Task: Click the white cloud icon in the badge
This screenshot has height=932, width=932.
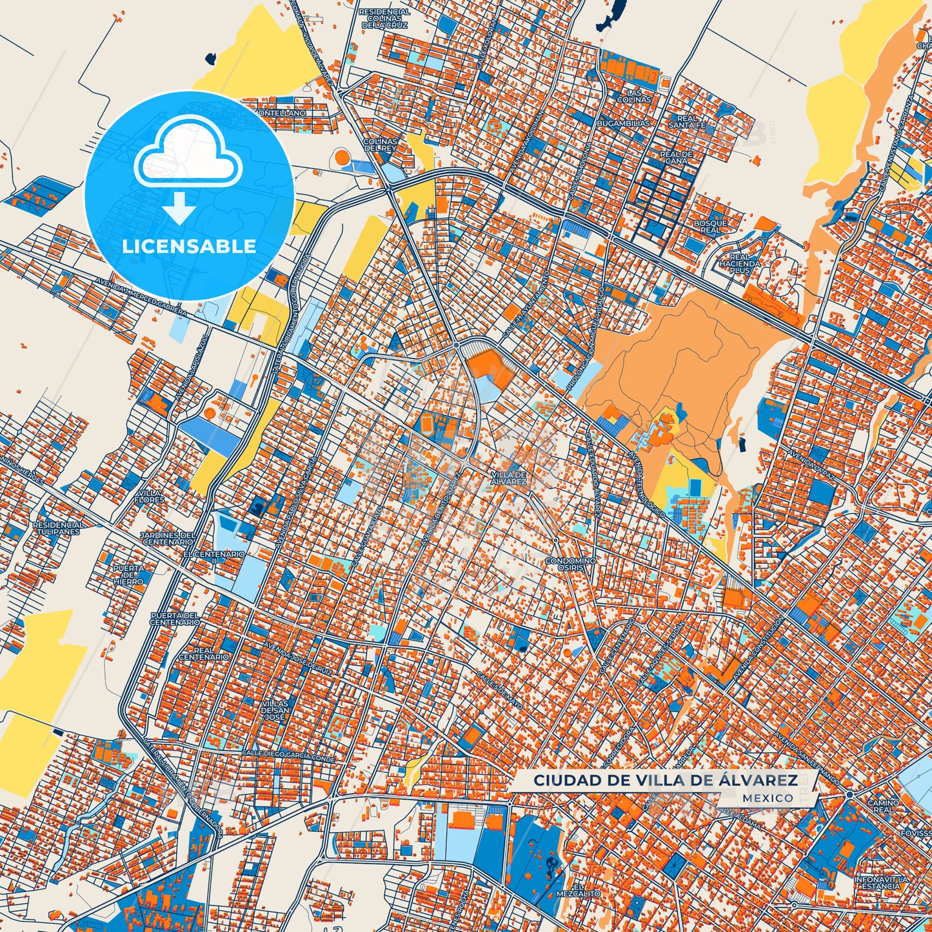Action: (x=188, y=155)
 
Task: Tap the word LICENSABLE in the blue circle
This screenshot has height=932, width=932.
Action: (x=189, y=246)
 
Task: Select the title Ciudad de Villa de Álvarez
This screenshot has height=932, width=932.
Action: (x=665, y=780)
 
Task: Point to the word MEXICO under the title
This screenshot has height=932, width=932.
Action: (x=768, y=798)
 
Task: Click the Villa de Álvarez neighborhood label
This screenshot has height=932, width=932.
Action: (x=508, y=478)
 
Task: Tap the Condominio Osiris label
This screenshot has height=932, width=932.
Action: (x=570, y=564)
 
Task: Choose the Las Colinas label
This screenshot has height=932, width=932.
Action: (x=634, y=96)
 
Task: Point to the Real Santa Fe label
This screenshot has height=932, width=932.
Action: (x=687, y=122)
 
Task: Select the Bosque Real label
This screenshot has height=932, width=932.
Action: (x=710, y=226)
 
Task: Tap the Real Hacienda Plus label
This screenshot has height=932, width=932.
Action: (x=740, y=264)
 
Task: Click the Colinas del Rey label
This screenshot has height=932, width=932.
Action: (x=380, y=144)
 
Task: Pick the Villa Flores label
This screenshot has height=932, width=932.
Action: (x=149, y=496)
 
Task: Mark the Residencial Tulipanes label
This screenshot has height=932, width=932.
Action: (x=58, y=528)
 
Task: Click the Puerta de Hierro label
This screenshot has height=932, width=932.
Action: (x=128, y=575)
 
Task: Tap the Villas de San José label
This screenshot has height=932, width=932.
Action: (x=275, y=710)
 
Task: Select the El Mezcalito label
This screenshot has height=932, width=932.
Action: (x=578, y=891)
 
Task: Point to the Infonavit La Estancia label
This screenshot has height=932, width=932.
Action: (x=880, y=882)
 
